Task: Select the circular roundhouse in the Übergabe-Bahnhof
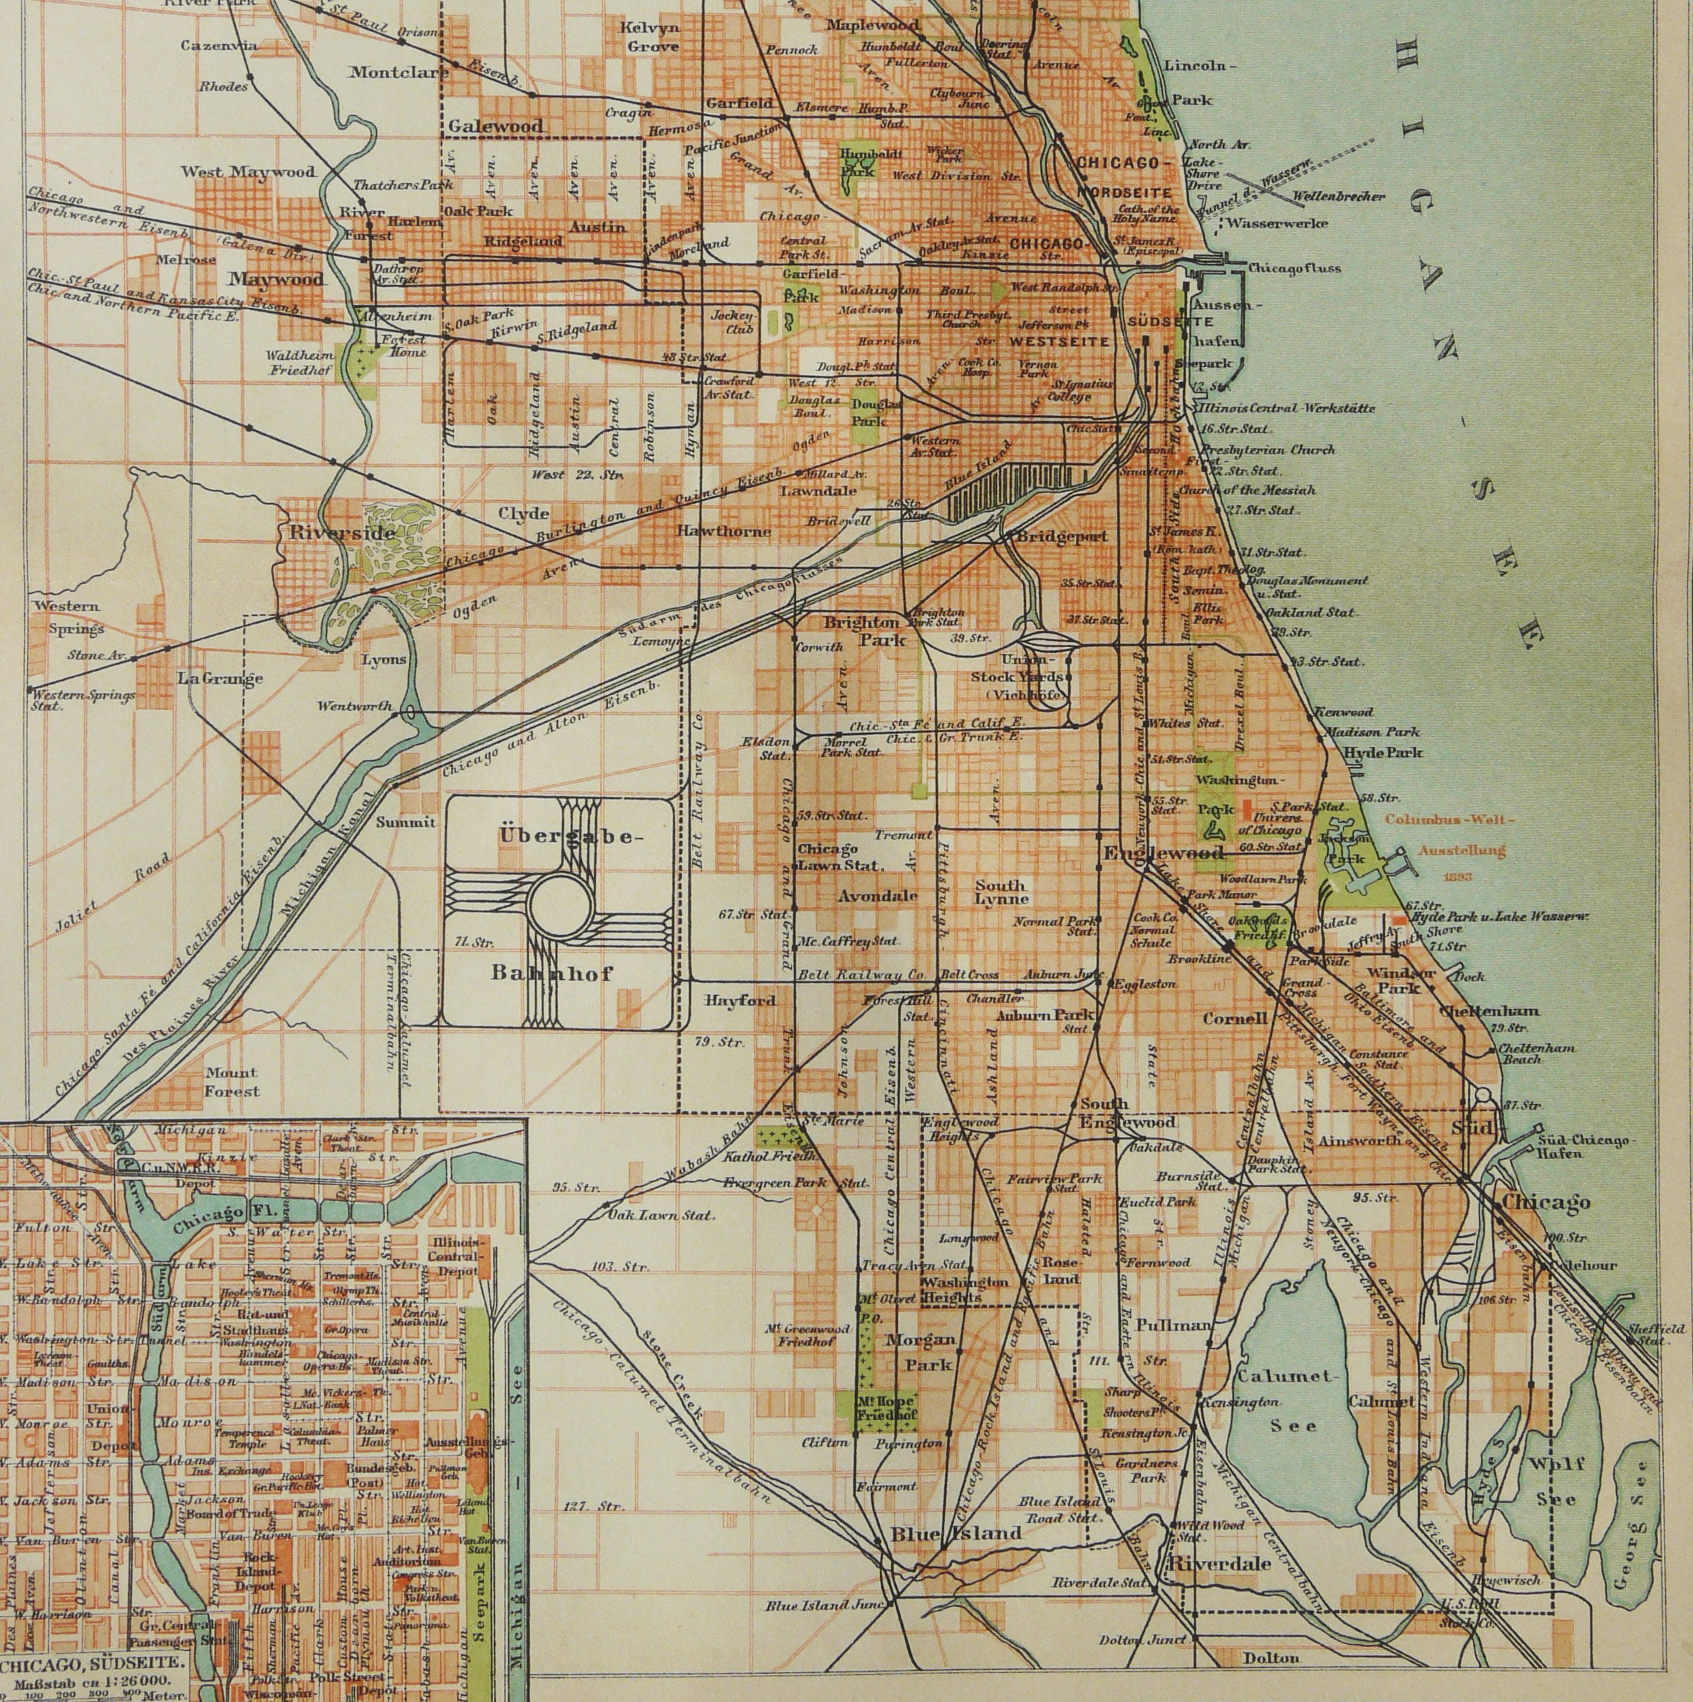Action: [559, 904]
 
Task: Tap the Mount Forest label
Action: [232, 1082]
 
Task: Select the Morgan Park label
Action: [920, 1352]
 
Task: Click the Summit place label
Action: [406, 822]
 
